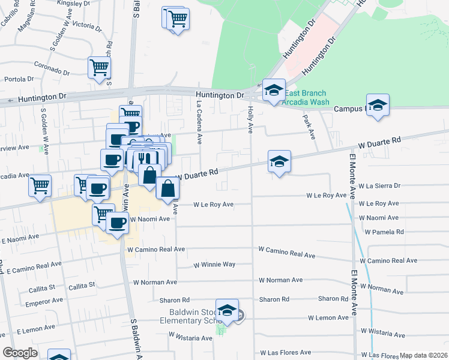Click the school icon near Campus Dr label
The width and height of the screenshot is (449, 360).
pyautogui.click(x=378, y=106)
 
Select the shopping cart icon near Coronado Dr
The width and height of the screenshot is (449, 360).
pyautogui.click(x=100, y=67)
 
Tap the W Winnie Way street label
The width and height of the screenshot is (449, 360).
pyautogui.click(x=214, y=265)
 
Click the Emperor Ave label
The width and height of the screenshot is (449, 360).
pyautogui.click(x=44, y=300)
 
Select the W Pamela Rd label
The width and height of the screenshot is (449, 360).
pyautogui.click(x=390, y=232)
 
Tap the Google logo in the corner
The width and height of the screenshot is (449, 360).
pyautogui.click(x=20, y=352)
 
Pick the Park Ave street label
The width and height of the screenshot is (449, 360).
pyautogui.click(x=309, y=127)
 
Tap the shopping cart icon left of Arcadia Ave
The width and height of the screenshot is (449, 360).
pyautogui.click(x=40, y=185)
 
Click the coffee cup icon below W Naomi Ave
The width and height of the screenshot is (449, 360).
pyautogui.click(x=117, y=223)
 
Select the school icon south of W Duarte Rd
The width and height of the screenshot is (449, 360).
pyautogui.click(x=279, y=162)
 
